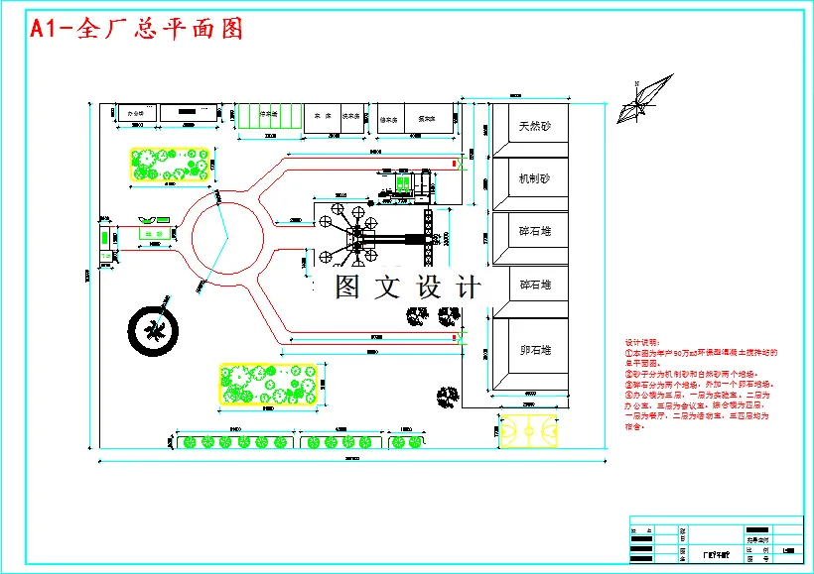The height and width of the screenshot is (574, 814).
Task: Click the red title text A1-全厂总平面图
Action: coord(136,29)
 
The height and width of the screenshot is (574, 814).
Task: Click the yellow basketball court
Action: coord(528,431)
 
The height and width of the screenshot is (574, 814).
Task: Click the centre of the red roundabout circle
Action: coord(227,237)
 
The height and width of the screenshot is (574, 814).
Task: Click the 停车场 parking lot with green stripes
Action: coord(267,115)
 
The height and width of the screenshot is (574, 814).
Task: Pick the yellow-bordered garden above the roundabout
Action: coord(171,165)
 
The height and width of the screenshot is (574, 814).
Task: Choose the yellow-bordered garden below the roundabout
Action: coord(268,384)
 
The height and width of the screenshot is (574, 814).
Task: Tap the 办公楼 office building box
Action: coord(136,114)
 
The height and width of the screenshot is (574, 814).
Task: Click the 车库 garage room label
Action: coord(322,115)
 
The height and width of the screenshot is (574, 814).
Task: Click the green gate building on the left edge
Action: coord(104,238)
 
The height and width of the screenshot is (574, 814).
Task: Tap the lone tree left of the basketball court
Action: coord(440,396)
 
